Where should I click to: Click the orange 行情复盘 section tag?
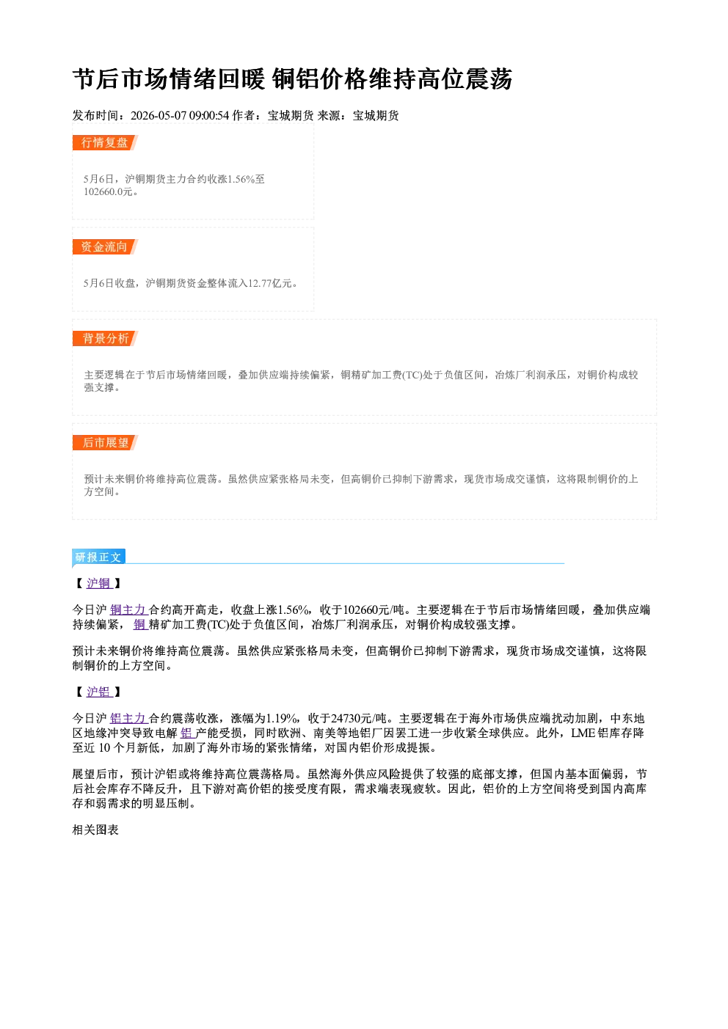105,142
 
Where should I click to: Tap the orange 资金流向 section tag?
105,246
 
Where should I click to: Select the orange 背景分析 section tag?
105,339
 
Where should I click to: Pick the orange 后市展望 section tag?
105,443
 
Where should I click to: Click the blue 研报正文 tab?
98,557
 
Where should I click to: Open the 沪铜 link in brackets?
99,583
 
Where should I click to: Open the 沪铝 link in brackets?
99,692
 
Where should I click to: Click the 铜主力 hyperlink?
128,609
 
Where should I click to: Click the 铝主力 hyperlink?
128,718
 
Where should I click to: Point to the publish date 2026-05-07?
159,116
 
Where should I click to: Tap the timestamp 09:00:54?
209,116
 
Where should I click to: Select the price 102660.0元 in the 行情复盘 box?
108,192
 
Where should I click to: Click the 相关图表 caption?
95,830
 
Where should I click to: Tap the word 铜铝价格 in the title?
319,79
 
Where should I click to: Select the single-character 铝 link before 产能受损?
187,733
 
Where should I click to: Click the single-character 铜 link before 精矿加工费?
140,624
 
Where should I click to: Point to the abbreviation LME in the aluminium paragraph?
583,733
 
